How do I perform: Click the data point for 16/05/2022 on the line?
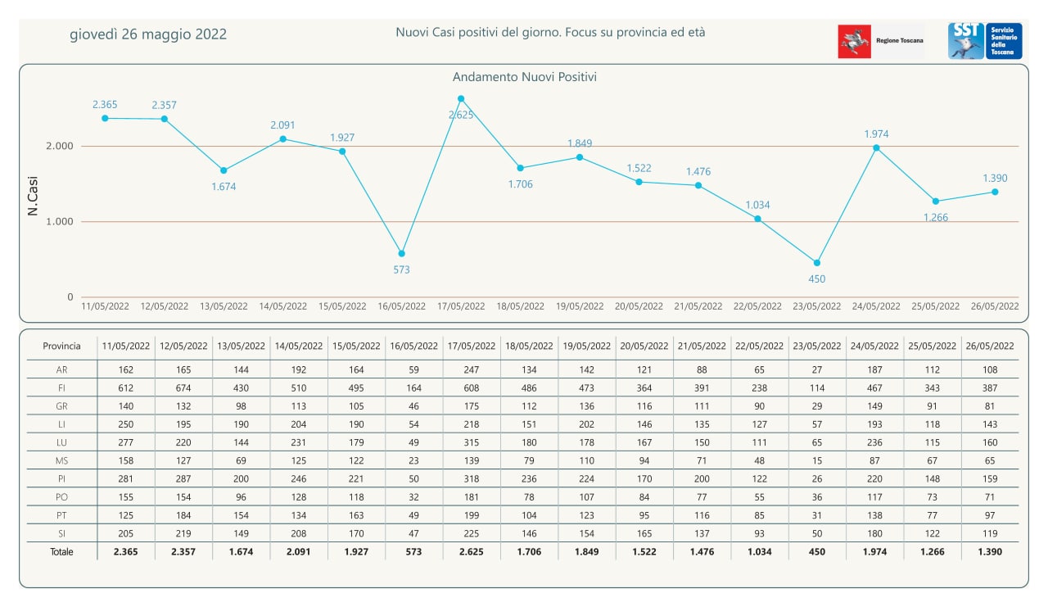(x=401, y=254)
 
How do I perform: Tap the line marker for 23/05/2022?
(x=817, y=263)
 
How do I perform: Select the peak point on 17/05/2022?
(x=461, y=99)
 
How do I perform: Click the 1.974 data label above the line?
(x=876, y=134)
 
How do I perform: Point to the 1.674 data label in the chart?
(x=224, y=187)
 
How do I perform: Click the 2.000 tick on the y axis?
(x=60, y=146)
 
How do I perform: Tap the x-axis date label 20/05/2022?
(x=639, y=306)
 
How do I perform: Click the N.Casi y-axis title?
(x=32, y=196)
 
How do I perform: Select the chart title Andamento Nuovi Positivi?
(x=525, y=77)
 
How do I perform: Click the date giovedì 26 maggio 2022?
(x=148, y=34)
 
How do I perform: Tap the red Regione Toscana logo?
(x=854, y=42)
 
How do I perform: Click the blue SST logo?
(x=966, y=41)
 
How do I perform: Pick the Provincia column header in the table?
(x=61, y=347)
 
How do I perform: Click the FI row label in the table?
(x=61, y=388)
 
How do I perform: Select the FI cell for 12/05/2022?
(x=183, y=388)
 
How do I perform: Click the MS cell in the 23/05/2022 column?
(x=817, y=460)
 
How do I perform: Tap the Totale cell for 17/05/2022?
(x=471, y=552)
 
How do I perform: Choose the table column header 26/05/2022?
(x=990, y=347)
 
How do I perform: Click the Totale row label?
(x=61, y=552)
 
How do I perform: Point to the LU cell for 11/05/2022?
(x=125, y=442)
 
